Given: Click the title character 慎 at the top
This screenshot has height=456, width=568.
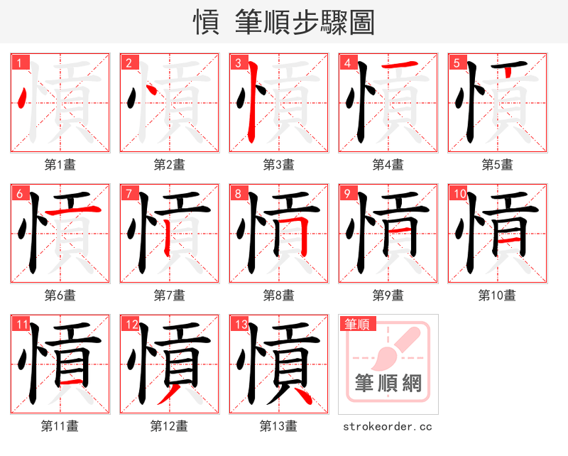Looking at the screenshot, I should pyautogui.click(x=206, y=22).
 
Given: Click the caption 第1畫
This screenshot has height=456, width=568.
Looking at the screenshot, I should pyautogui.click(x=60, y=165).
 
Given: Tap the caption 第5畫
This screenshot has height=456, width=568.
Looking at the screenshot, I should pyautogui.click(x=497, y=165).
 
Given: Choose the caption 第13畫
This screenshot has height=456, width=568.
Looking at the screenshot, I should pyautogui.click(x=278, y=426).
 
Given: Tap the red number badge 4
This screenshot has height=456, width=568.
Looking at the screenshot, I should pyautogui.click(x=348, y=63).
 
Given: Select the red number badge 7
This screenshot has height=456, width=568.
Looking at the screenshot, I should pyautogui.click(x=129, y=193).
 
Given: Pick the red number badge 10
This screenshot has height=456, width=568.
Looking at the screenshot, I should pyautogui.click(x=459, y=193).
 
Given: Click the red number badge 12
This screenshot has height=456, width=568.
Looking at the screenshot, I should pyautogui.click(x=131, y=325).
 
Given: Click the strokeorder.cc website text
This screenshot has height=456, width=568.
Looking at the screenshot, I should pyautogui.click(x=388, y=427).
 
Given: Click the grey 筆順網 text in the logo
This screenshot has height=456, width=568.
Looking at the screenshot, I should pyautogui.click(x=388, y=384).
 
